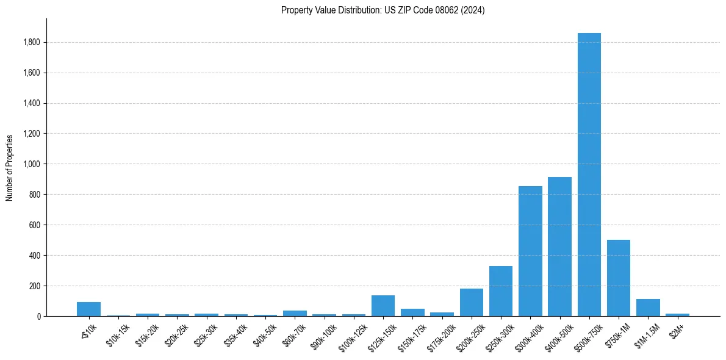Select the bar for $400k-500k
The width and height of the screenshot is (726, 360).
pos(559,247)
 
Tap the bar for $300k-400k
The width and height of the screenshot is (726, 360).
pos(530,251)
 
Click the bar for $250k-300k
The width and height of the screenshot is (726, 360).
pos(501,291)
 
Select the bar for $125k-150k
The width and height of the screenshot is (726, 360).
pos(383,306)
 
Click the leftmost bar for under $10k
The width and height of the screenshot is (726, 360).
pos(88,309)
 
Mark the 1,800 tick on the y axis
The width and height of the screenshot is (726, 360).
pos(32,42)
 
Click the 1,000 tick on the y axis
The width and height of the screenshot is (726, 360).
pos(32,164)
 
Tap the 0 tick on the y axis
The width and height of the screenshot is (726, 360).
pos(39,316)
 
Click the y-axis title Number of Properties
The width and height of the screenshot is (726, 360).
pos(9,167)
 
